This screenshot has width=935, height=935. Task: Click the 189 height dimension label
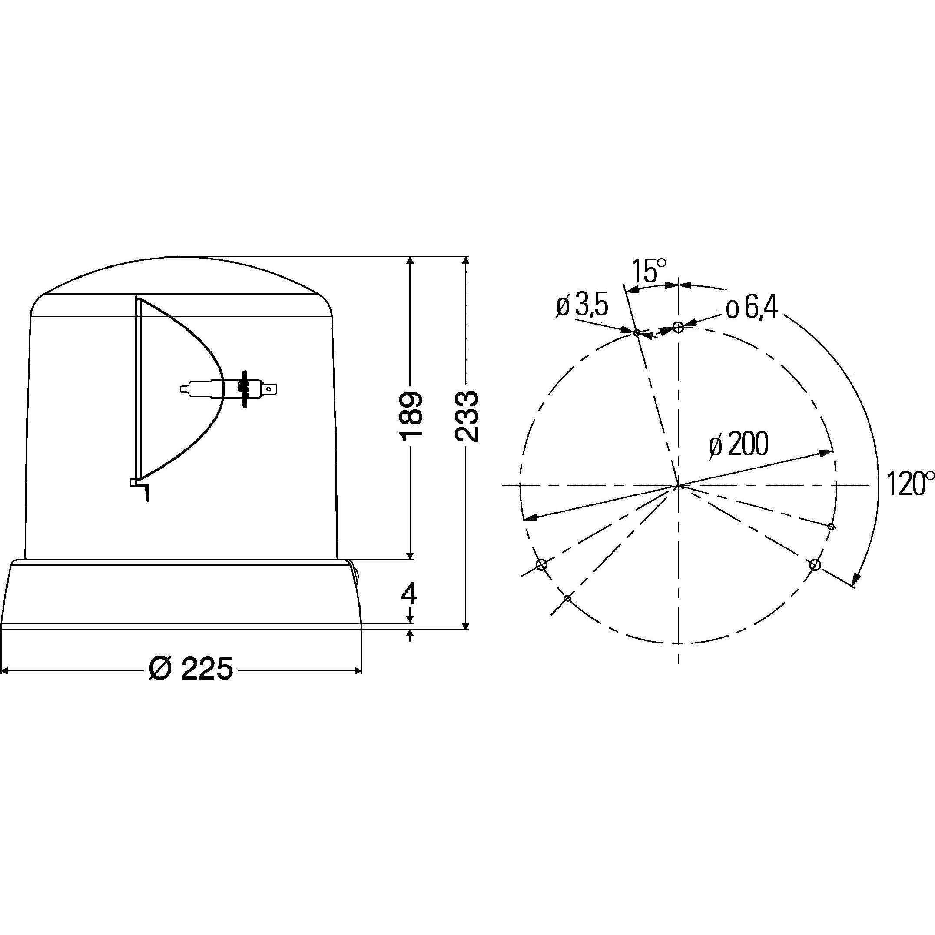click(411, 416)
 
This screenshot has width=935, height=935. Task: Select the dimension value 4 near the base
click(409, 594)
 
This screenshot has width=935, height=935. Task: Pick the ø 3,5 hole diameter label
click(582, 306)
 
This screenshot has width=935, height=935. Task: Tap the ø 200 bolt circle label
click(738, 444)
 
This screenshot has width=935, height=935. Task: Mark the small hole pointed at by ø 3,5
click(637, 333)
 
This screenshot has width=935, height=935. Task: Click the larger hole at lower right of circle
click(815, 564)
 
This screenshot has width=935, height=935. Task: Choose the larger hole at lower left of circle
click(541, 564)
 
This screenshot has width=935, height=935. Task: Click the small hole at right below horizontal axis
click(832, 526)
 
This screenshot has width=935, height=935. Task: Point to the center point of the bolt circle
click(679, 485)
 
